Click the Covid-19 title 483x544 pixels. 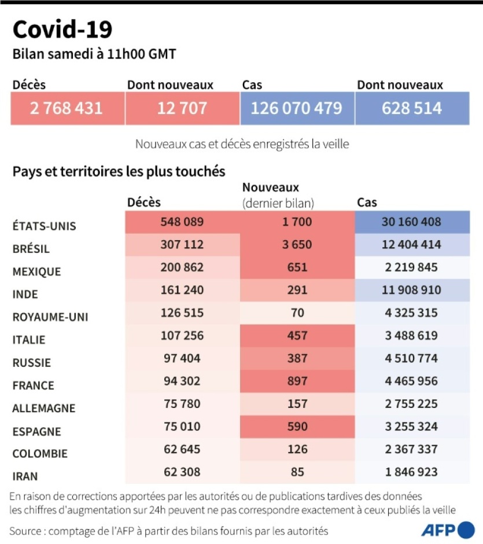[62, 30]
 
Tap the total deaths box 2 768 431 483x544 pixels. [67, 108]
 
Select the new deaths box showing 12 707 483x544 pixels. [182, 108]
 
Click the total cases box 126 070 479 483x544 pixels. [297, 108]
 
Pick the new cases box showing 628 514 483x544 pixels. [412, 108]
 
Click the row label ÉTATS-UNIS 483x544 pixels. [44, 226]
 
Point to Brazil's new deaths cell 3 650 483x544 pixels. [297, 245]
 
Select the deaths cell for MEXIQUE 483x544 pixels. [182, 267]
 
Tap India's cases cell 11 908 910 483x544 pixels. [412, 290]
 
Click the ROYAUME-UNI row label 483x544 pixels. [50, 317]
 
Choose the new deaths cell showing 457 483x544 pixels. [297, 336]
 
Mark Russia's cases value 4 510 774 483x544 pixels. [412, 358]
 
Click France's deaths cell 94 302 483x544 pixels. [182, 381]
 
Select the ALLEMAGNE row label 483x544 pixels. [44, 408]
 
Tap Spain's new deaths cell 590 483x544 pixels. [297, 427]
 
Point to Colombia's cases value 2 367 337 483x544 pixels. [412, 449]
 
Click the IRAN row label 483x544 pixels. [25, 476]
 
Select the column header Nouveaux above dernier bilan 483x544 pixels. [270, 188]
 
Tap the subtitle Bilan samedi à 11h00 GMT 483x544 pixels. [94, 54]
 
